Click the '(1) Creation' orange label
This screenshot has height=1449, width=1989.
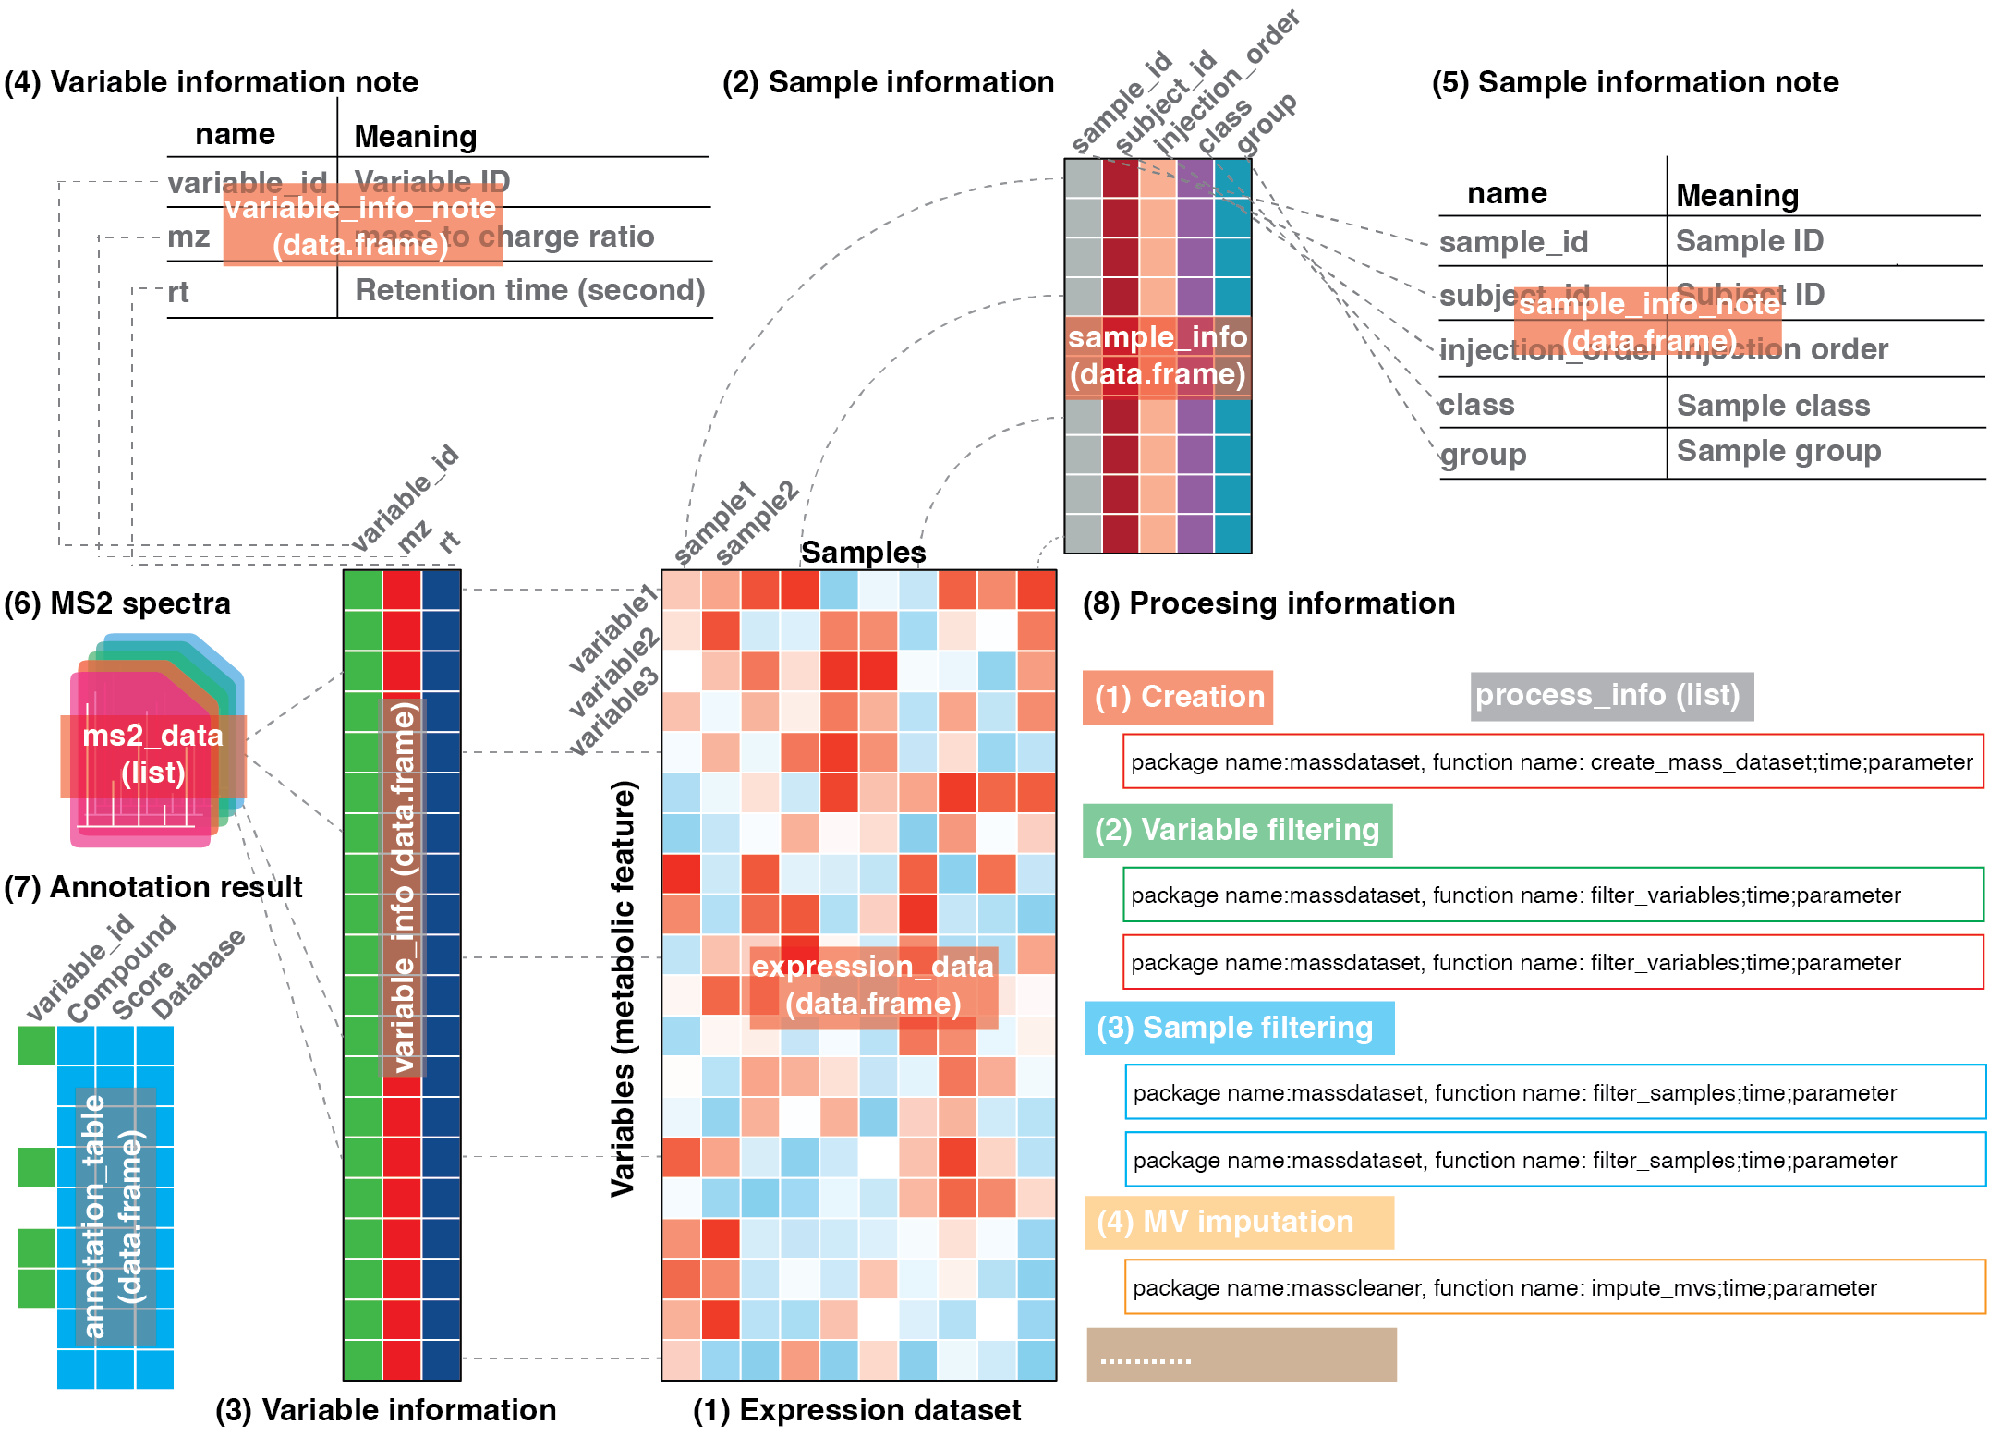[1178, 697]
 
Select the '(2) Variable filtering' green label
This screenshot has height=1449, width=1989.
[1237, 830]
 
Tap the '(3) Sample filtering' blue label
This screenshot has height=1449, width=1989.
[1238, 1028]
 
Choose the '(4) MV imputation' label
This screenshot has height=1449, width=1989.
[1238, 1222]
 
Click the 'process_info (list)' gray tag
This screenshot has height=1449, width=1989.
[1611, 696]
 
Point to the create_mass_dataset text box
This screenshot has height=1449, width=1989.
[1552, 761]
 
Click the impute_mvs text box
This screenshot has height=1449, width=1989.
[1554, 1287]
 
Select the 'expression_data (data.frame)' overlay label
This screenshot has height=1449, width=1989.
[873, 986]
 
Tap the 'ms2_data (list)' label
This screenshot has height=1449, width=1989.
[153, 754]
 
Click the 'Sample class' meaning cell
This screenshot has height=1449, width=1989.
[1773, 405]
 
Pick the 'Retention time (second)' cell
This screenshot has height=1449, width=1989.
[530, 290]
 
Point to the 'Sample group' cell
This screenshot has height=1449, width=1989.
[1778, 451]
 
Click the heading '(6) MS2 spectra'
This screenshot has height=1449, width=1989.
[117, 603]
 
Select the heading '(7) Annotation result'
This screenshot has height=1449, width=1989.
[153, 887]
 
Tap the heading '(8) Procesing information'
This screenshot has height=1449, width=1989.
[1268, 603]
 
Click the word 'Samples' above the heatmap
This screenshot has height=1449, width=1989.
[863, 552]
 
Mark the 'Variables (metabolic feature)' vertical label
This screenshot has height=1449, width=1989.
[624, 989]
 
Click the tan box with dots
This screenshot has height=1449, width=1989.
[1241, 1355]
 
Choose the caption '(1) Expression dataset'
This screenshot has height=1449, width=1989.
[856, 1410]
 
